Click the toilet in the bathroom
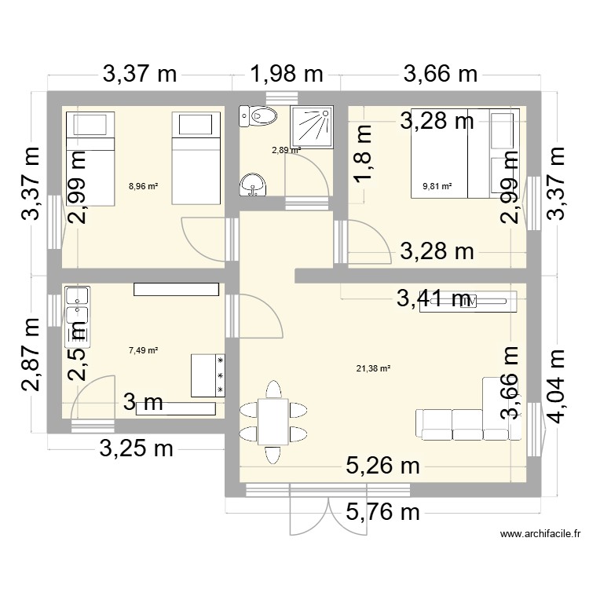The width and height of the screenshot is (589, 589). click(x=258, y=117)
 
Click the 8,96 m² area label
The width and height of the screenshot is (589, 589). click(x=144, y=187)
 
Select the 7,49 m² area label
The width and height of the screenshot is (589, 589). click(x=144, y=351)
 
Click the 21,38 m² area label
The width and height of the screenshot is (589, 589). click(x=374, y=368)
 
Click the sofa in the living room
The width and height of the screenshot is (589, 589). click(x=461, y=423)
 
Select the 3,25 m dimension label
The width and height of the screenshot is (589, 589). click(x=136, y=449)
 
